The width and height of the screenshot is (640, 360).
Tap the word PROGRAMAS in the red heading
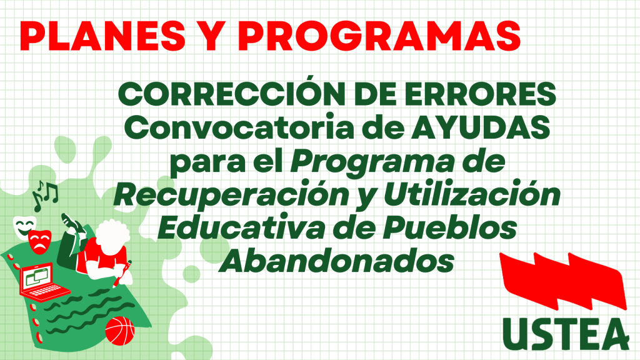coord(379,36)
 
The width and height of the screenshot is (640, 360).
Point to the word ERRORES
coord(481,94)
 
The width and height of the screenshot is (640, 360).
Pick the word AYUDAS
coord(481,127)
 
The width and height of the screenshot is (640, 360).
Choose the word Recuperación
coord(232,195)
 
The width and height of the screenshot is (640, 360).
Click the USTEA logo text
coord(566,334)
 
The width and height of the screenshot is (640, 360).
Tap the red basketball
coord(119,331)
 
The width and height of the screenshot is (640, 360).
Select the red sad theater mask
coord(39,242)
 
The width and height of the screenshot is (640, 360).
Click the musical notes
coord(45,196)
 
